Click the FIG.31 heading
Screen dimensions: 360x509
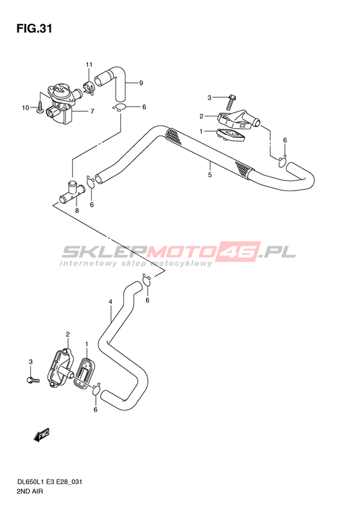point(34,28)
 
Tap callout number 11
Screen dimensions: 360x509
point(89,64)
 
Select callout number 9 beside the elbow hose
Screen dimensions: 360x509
point(141,83)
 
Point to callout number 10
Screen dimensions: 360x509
point(26,107)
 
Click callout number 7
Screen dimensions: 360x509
point(92,111)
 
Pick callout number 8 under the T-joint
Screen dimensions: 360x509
point(77,210)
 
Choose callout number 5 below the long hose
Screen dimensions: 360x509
point(210,174)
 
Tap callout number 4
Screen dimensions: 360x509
point(111,302)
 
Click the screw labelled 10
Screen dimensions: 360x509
point(40,107)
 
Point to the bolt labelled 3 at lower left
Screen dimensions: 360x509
point(33,379)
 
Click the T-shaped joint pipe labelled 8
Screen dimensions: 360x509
point(71,193)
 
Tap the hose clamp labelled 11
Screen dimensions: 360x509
point(88,88)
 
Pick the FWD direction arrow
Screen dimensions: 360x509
point(42,434)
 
